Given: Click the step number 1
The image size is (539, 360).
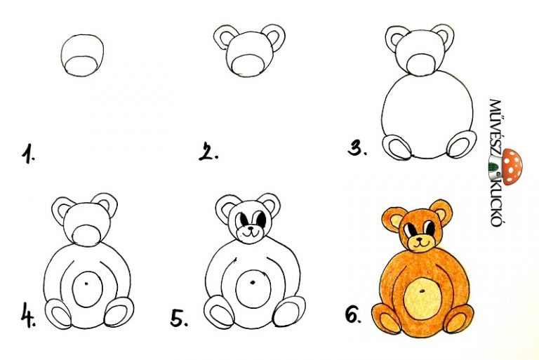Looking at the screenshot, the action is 28,154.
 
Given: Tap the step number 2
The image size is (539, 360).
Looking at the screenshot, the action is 208,152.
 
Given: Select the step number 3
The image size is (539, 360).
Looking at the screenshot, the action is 357,149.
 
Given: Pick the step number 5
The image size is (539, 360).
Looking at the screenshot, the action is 179,317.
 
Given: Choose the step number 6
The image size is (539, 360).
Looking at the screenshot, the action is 354,314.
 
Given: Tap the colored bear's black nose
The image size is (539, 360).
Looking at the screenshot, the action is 420,239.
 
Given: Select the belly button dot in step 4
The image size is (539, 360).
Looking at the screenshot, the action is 86,284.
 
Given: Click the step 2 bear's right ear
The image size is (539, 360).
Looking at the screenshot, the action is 274,38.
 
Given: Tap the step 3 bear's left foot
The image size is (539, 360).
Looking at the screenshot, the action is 397,147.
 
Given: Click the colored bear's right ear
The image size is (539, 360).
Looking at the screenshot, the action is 441,213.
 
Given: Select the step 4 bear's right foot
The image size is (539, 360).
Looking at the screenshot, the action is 119,312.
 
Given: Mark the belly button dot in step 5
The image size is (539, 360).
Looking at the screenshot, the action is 253,283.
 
